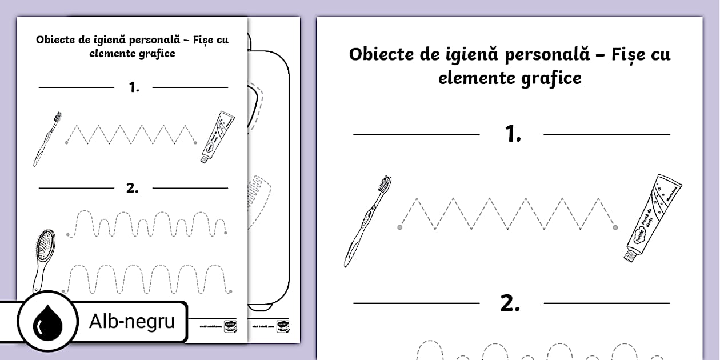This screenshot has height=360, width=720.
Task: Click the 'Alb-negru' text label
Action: (131, 322)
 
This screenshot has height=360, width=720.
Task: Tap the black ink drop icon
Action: (47, 323)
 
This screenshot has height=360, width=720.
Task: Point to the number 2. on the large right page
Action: (510, 304)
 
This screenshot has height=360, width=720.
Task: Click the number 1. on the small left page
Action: (134, 87)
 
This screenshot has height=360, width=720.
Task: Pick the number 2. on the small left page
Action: (133, 188)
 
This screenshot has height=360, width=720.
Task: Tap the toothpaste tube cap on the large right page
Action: (630, 255)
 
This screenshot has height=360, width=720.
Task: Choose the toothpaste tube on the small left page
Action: (218, 137)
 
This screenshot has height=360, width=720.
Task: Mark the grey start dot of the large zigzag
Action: (399, 227)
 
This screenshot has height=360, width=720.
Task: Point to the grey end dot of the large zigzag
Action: (615, 227)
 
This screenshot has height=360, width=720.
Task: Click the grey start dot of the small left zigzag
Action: (66, 142)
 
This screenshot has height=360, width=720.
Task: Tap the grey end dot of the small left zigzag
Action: (195, 142)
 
